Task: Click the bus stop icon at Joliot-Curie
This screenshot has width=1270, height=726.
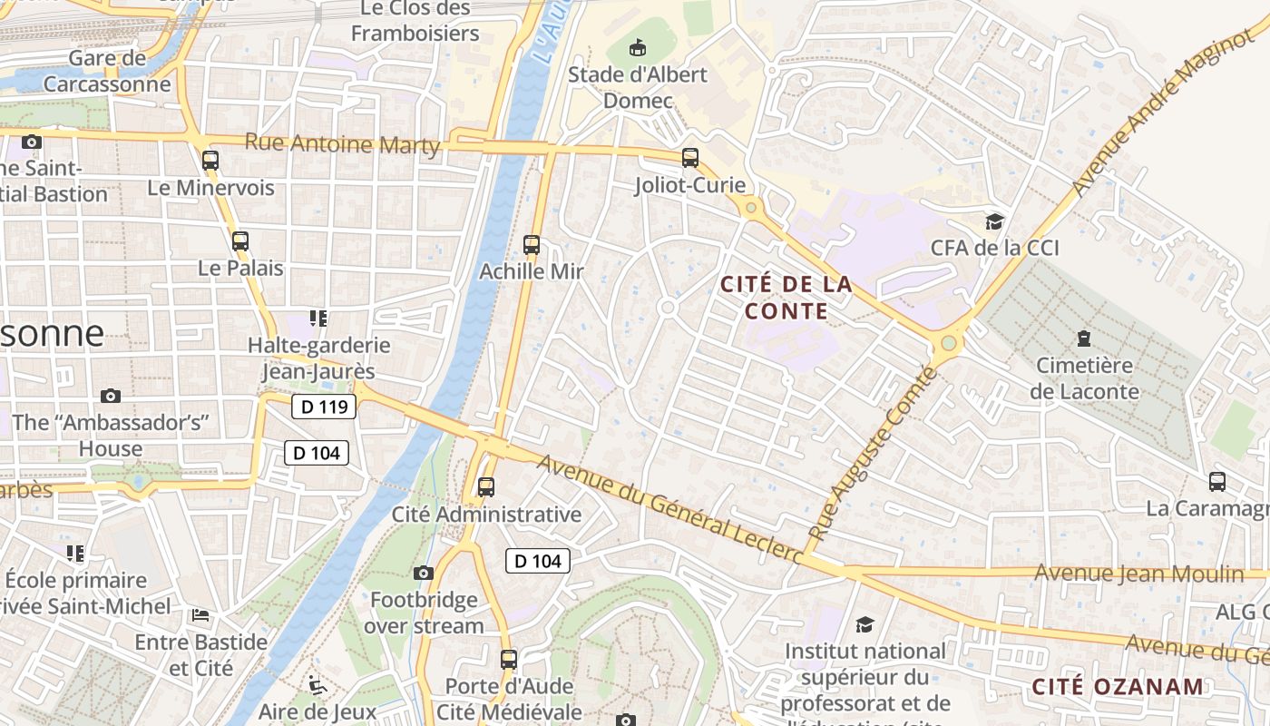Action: pos(690,158)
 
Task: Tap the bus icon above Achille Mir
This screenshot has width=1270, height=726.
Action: pos(532,244)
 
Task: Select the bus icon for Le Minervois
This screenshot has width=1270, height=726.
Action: pos(210,161)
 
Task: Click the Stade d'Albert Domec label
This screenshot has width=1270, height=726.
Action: pos(637,87)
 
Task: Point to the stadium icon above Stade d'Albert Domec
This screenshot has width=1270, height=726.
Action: pos(638,47)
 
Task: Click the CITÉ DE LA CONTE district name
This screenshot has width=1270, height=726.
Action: pos(786,298)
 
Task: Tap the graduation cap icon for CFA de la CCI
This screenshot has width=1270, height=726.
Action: pos(995,221)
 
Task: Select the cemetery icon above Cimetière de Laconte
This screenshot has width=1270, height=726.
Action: pos(1083,339)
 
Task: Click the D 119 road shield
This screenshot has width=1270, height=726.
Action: pos(324,407)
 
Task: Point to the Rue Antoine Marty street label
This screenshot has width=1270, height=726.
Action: pos(343,144)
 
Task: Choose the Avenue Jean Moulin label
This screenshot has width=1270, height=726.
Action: pos(1139,574)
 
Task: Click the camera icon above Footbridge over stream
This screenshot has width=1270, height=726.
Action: pos(424,573)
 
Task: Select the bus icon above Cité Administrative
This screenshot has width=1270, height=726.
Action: pos(486,487)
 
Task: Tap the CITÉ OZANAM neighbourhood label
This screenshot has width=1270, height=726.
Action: pos(1118,686)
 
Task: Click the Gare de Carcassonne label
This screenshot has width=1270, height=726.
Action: pos(107,72)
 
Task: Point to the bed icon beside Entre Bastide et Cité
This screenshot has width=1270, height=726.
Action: pos(201,615)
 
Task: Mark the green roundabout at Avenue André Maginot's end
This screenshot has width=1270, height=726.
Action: pos(949,343)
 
